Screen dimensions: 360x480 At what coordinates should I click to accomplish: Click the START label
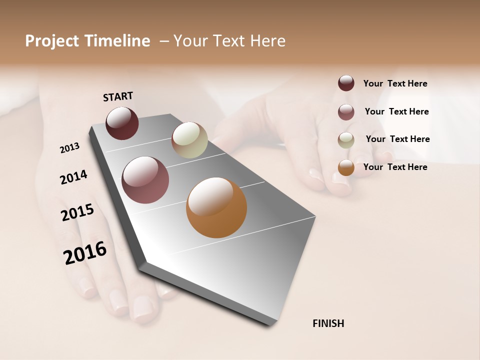point(118,96)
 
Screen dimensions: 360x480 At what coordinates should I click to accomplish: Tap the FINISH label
point(328,323)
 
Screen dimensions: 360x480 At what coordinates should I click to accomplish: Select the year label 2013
point(69,147)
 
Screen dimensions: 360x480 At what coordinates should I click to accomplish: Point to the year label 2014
point(73,177)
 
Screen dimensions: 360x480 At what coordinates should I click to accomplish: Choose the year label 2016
point(85,252)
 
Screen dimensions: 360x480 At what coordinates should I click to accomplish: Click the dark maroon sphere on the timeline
point(122,123)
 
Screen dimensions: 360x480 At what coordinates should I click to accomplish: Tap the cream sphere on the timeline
point(189,140)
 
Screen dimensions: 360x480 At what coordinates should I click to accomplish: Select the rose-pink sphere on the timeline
point(145,180)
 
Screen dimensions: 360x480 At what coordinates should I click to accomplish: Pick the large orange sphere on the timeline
point(216,207)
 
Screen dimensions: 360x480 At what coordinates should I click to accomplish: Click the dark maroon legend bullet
point(346,83)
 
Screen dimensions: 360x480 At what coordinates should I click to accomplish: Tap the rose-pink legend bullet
point(346,111)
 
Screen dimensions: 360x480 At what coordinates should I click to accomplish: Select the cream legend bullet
point(346,139)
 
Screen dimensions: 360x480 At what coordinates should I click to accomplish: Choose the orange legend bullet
point(346,167)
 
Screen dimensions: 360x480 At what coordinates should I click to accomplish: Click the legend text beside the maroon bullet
point(395,83)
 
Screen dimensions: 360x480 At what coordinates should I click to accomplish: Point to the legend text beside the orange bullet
point(395,167)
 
